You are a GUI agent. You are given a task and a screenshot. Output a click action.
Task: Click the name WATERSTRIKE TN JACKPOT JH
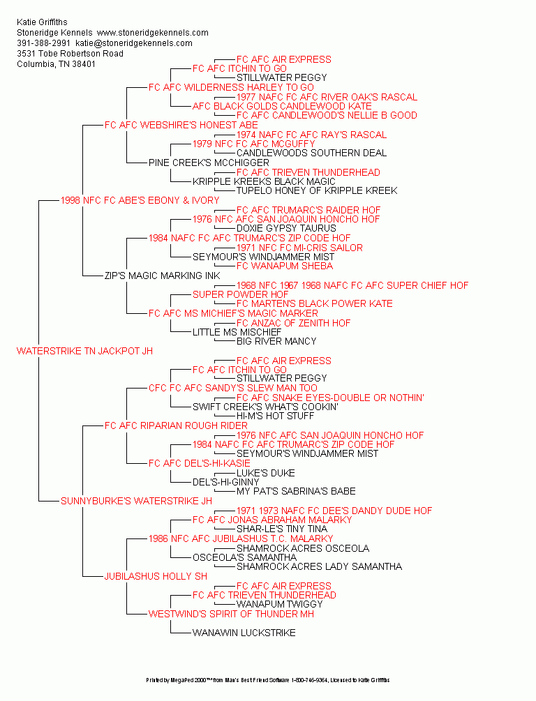click(84, 351)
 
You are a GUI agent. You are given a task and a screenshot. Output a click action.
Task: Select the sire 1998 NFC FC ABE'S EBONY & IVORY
click(140, 200)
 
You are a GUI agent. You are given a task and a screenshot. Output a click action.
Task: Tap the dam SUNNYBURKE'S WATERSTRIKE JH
click(136, 501)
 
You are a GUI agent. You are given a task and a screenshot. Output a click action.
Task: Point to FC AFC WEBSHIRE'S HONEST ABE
click(181, 125)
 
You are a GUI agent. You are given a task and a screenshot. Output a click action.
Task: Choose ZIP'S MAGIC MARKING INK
click(163, 276)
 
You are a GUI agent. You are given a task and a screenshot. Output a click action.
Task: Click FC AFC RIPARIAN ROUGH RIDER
click(176, 425)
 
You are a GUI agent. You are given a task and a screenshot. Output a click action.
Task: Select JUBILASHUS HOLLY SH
click(156, 576)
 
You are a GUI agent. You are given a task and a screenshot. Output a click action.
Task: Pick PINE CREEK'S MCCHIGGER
click(209, 163)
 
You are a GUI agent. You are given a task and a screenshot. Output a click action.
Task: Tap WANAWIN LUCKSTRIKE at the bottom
click(244, 633)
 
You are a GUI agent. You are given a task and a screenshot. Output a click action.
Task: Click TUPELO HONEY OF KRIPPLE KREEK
click(317, 190)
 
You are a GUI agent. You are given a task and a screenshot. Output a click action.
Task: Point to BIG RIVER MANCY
click(276, 341)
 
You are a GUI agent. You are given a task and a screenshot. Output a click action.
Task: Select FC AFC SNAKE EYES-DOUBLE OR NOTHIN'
click(330, 398)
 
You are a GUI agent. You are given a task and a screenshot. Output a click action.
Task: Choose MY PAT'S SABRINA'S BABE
click(296, 491)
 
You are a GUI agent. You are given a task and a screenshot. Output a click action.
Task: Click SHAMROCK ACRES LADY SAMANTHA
click(319, 566)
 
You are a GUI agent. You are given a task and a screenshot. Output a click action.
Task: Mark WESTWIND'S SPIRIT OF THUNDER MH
click(231, 614)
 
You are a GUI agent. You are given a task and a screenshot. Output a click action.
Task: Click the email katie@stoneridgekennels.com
click(134, 43)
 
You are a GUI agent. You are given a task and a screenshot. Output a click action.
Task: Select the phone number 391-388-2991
click(43, 43)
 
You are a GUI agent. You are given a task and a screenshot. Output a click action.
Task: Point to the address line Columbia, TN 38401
click(56, 64)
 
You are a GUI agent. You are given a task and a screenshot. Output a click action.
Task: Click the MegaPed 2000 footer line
click(268, 680)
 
